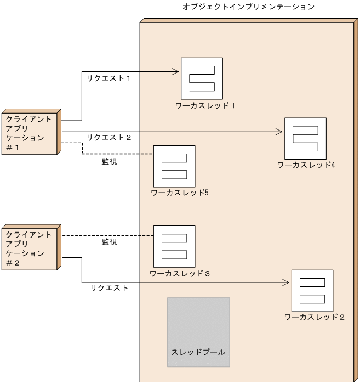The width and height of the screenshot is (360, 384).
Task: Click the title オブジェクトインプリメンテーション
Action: pos(248,7)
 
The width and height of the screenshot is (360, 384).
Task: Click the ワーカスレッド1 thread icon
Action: pos(202,78)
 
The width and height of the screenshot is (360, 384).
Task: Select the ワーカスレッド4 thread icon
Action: pos(305,138)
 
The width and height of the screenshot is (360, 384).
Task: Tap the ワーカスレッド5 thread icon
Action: pos(174,166)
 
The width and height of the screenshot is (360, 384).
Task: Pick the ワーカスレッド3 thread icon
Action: pos(174,246)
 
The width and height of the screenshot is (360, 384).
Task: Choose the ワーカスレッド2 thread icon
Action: pos(312,290)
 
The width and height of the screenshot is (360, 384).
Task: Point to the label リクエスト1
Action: pos(108,79)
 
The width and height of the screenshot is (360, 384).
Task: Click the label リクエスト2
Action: pos(108,137)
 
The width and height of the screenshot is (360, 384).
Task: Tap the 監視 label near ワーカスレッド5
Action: pos(109,162)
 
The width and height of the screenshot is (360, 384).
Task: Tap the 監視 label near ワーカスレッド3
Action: pos(109,242)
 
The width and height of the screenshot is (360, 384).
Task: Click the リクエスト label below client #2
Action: pos(109,287)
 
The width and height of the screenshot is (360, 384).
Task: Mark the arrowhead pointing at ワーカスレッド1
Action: pos(176,71)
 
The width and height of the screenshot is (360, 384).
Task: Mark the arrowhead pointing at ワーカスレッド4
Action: pos(279,132)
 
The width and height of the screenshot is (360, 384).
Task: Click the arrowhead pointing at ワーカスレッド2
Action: pos(286,283)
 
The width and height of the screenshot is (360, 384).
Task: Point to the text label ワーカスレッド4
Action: pos(306,165)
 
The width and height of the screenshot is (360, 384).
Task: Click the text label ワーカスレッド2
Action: pos(315,317)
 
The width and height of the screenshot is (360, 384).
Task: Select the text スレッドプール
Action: pos(198,352)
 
